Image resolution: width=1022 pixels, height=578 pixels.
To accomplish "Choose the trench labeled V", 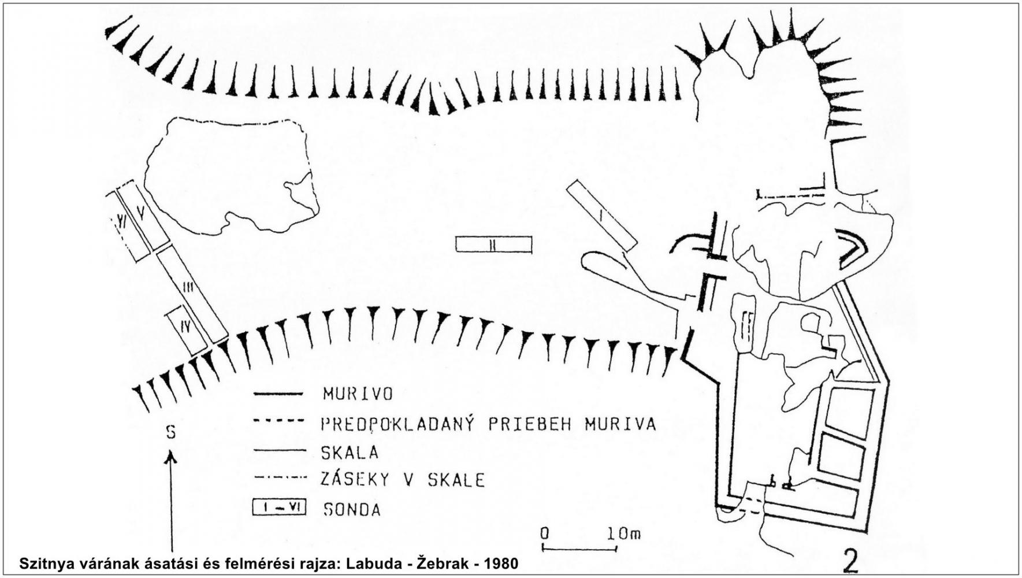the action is pyautogui.click(x=143, y=216).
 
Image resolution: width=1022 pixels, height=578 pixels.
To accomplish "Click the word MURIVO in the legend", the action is pyautogui.click(x=358, y=394).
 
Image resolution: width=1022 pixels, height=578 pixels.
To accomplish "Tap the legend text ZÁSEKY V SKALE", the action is pyautogui.click(x=403, y=480).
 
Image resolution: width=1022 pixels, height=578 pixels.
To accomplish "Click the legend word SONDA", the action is pyautogui.click(x=352, y=510).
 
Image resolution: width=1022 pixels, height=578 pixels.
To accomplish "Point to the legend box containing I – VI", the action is pyautogui.click(x=279, y=508).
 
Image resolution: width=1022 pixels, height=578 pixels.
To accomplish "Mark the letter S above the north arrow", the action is pyautogui.click(x=171, y=432).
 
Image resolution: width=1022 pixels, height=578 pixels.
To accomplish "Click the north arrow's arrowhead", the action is pyautogui.click(x=171, y=458).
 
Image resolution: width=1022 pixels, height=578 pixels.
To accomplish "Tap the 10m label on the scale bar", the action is pyautogui.click(x=623, y=533).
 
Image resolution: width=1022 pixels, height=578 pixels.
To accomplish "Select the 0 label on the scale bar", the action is pyautogui.click(x=544, y=533).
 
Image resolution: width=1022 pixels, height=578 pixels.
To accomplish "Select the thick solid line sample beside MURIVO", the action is pyautogui.click(x=278, y=394).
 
